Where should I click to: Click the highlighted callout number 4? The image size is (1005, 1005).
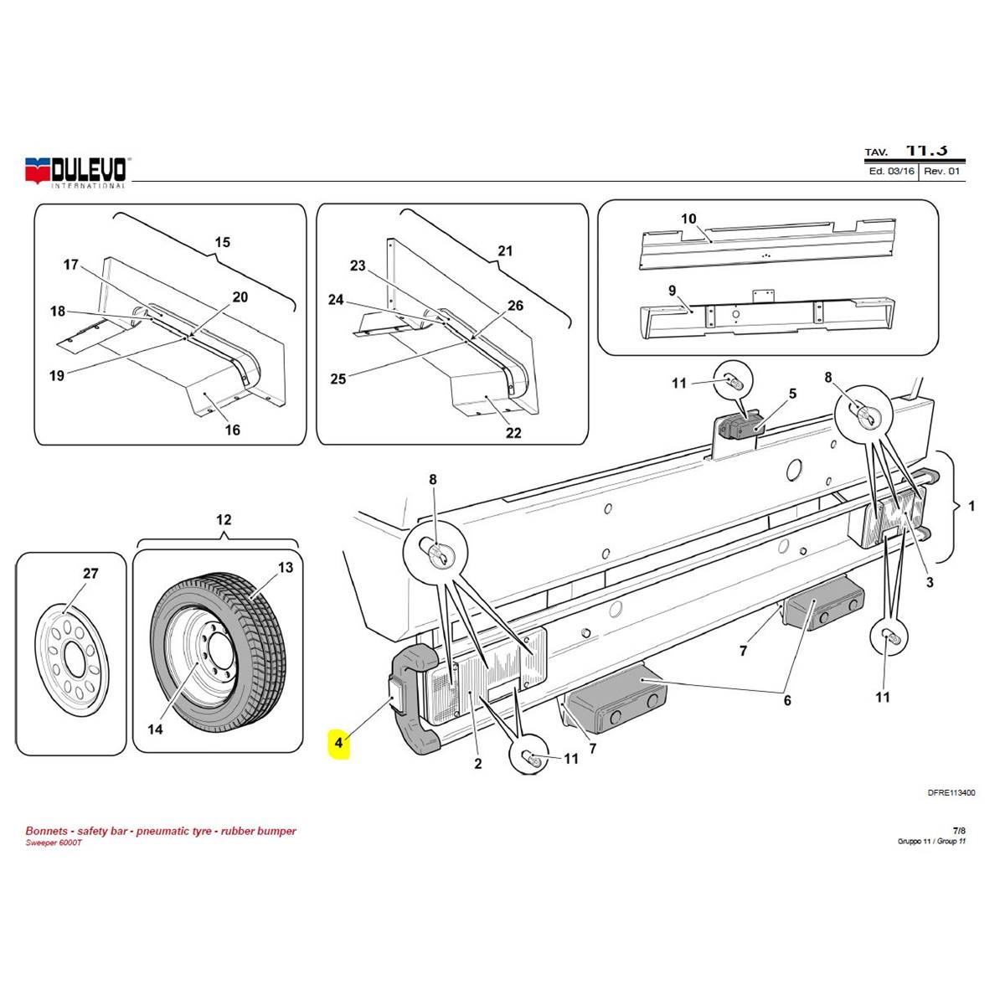(338, 742)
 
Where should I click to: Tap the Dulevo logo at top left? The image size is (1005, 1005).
(76, 171)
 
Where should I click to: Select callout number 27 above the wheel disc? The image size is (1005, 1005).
(90, 574)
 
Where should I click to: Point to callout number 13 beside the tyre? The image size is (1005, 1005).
(286, 568)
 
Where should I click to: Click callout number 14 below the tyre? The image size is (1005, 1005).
(155, 729)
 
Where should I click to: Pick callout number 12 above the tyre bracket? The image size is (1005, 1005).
(224, 519)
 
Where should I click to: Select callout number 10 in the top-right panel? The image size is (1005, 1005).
(688, 219)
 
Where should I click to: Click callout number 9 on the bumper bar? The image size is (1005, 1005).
(672, 290)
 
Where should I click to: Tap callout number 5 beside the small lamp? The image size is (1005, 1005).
(792, 394)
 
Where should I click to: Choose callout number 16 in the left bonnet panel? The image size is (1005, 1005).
(233, 430)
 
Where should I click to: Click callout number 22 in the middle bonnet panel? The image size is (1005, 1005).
(513, 433)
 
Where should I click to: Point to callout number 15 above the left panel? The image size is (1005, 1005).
(222, 243)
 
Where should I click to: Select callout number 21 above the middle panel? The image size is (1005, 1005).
(505, 250)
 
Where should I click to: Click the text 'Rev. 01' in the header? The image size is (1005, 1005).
(942, 171)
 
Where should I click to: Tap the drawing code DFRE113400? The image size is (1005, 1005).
(951, 792)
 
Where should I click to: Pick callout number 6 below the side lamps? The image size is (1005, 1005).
(787, 701)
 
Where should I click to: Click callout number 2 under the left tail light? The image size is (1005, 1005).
(478, 763)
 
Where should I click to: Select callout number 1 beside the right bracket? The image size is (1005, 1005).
(971, 506)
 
